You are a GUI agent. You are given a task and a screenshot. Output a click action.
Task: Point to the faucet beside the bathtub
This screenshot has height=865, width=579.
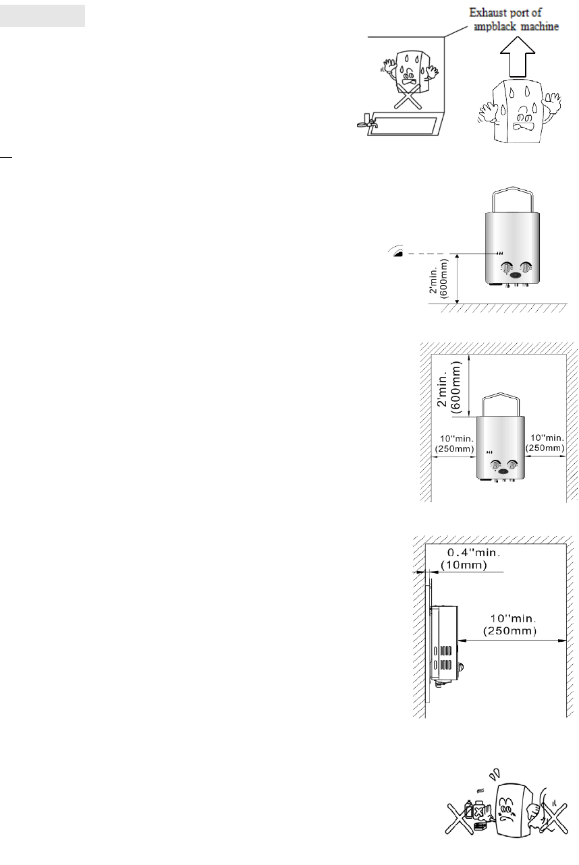(x=365, y=123)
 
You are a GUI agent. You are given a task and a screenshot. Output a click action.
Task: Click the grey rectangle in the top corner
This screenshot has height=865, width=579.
(x=43, y=16)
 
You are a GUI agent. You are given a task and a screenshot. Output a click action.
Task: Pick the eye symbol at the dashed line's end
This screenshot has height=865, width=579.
(x=396, y=252)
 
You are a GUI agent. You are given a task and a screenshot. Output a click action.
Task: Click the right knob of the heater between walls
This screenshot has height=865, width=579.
(x=513, y=465)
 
